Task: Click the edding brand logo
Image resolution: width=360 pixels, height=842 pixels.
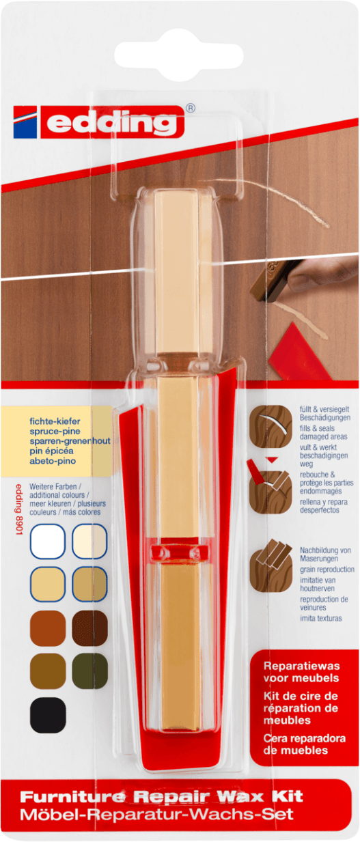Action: (x=98, y=122)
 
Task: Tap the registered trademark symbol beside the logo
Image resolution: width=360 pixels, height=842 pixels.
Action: (x=191, y=109)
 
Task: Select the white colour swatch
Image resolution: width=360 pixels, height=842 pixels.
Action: (x=48, y=542)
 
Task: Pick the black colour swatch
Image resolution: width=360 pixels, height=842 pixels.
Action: (x=48, y=715)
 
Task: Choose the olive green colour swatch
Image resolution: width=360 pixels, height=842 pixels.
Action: (x=89, y=671)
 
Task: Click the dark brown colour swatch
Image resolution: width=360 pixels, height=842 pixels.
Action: (x=89, y=628)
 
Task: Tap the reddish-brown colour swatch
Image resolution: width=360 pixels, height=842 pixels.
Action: (x=48, y=628)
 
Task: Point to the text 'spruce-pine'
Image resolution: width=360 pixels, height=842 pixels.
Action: (x=55, y=431)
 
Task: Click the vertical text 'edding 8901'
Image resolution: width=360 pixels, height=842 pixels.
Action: (x=19, y=509)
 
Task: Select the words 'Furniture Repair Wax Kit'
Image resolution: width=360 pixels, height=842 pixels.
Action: (x=161, y=796)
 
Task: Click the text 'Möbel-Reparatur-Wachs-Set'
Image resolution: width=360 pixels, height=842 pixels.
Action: (x=156, y=815)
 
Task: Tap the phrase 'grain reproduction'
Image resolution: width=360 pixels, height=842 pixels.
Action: (x=327, y=570)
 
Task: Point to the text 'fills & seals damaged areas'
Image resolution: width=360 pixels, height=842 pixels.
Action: (x=323, y=432)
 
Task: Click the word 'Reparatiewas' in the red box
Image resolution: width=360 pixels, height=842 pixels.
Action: (x=301, y=666)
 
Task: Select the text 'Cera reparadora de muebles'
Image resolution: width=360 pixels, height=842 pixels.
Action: (x=304, y=744)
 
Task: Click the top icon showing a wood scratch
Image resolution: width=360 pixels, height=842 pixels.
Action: (x=271, y=426)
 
